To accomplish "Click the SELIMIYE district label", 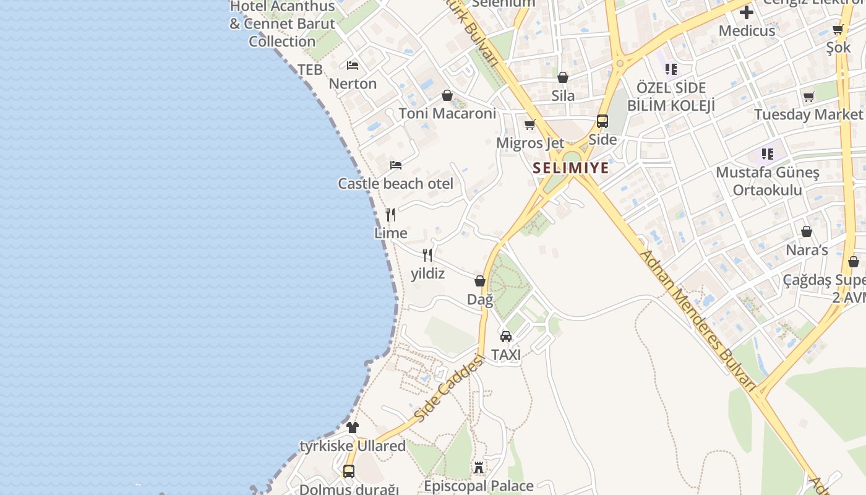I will (571, 168).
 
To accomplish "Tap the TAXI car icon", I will (506, 337).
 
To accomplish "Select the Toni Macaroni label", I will (447, 114).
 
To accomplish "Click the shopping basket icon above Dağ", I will (480, 281).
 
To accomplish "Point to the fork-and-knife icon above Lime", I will (390, 215).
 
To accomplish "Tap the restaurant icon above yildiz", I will (427, 255).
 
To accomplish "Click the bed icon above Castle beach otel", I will (396, 165).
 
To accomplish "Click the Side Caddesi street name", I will (448, 389).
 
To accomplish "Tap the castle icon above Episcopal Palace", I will (479, 468).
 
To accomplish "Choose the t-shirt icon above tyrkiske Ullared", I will (353, 427).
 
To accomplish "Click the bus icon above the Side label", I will (602, 121).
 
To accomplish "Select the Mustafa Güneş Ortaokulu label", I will (767, 181).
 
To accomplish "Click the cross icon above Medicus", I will (747, 12).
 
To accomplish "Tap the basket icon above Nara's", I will (807, 231).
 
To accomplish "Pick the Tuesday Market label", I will (808, 114).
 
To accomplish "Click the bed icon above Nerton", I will (353, 65).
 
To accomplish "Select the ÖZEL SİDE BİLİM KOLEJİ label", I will (671, 97).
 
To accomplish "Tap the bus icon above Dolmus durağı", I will (349, 471).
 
